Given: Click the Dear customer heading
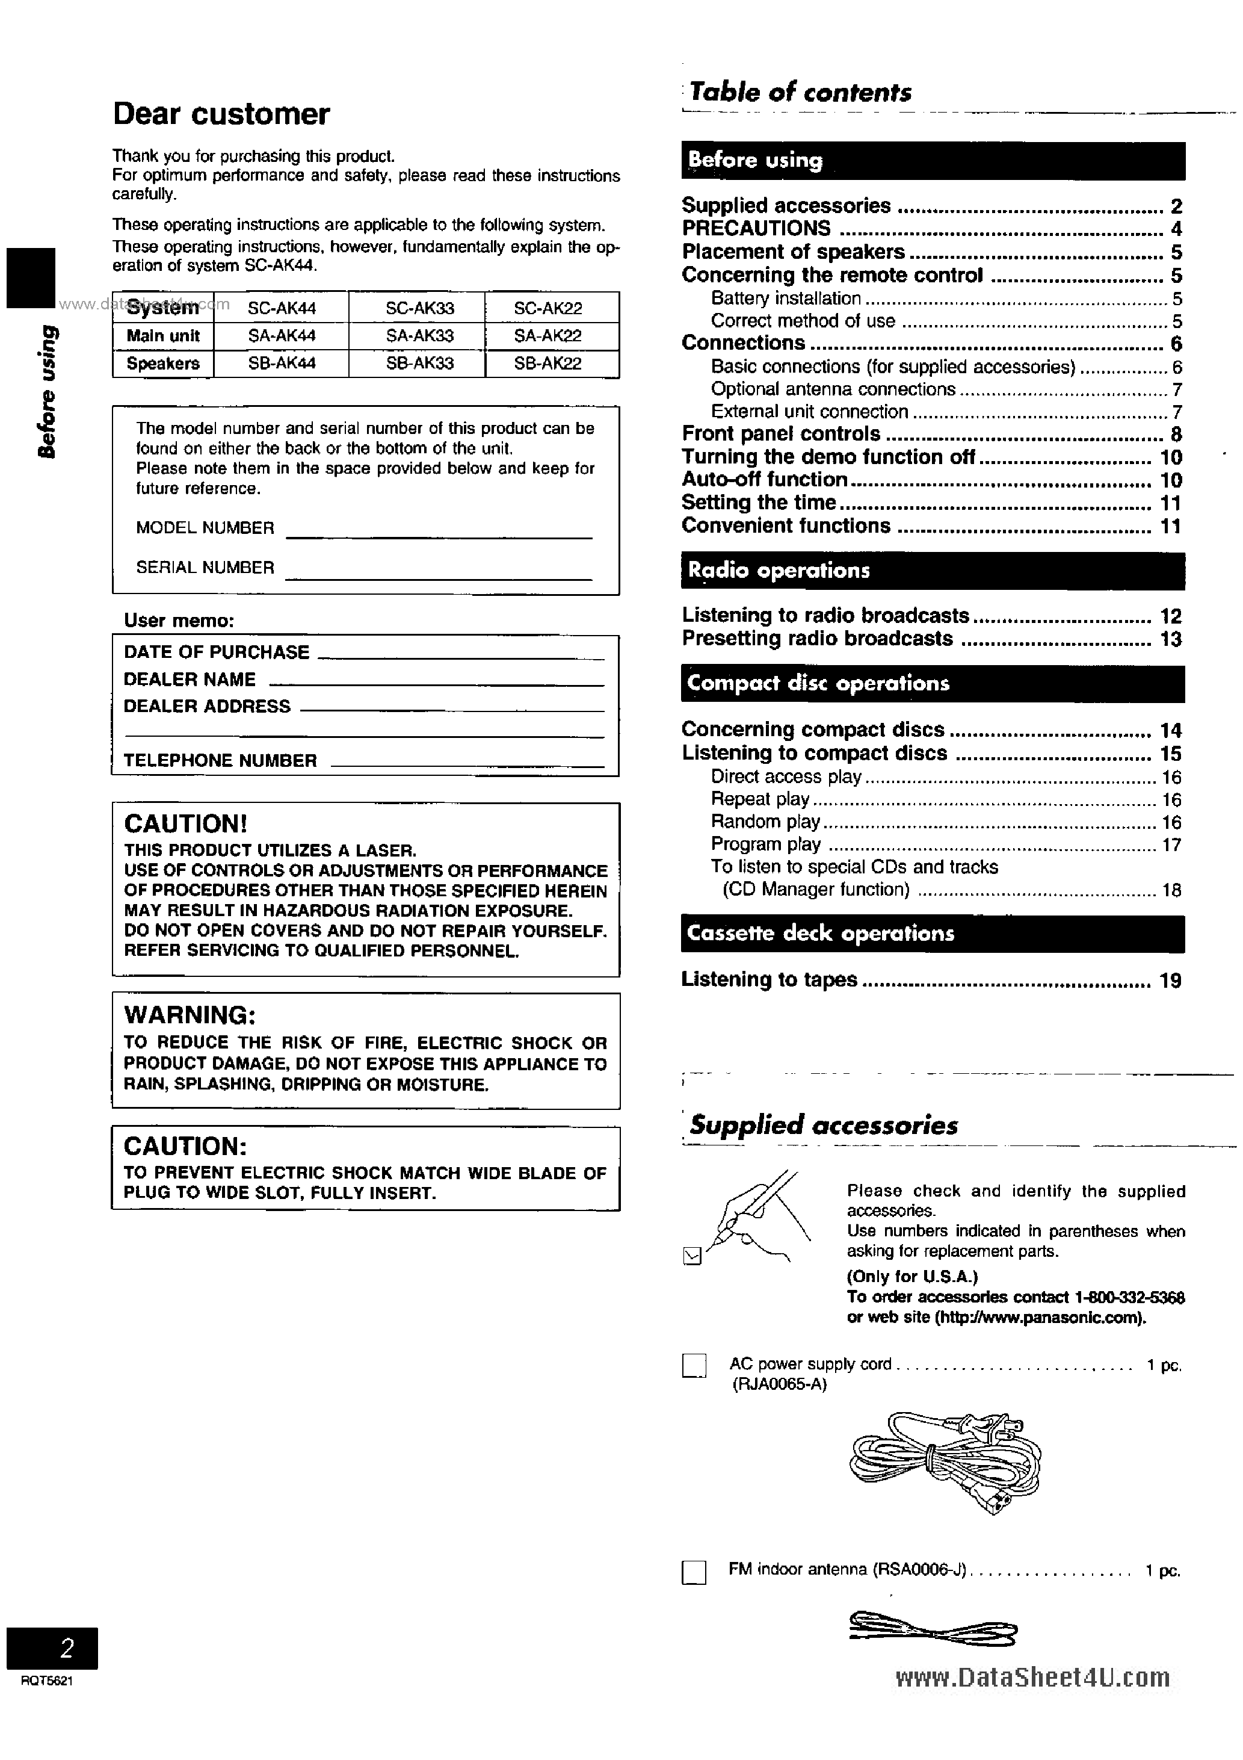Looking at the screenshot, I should point(221,114).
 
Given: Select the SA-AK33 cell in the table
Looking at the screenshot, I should point(419,336).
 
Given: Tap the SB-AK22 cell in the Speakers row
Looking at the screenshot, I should point(547,364).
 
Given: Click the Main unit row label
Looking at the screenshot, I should point(162,336).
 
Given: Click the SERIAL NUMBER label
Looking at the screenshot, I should point(205,567).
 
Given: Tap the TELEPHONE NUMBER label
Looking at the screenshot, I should point(220,760).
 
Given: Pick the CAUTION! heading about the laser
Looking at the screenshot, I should point(185,824).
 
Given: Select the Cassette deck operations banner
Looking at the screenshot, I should point(932,934).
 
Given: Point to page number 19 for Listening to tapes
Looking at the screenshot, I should point(1170,981).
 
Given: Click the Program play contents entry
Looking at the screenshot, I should point(765,844).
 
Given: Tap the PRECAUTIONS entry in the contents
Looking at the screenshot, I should point(756,229).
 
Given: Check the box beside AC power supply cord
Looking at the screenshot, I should point(694,1366).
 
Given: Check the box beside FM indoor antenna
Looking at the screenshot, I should point(694,1573).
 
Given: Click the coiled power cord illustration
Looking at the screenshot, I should point(945,1463).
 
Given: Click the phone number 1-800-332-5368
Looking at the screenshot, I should point(1129,1297).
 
